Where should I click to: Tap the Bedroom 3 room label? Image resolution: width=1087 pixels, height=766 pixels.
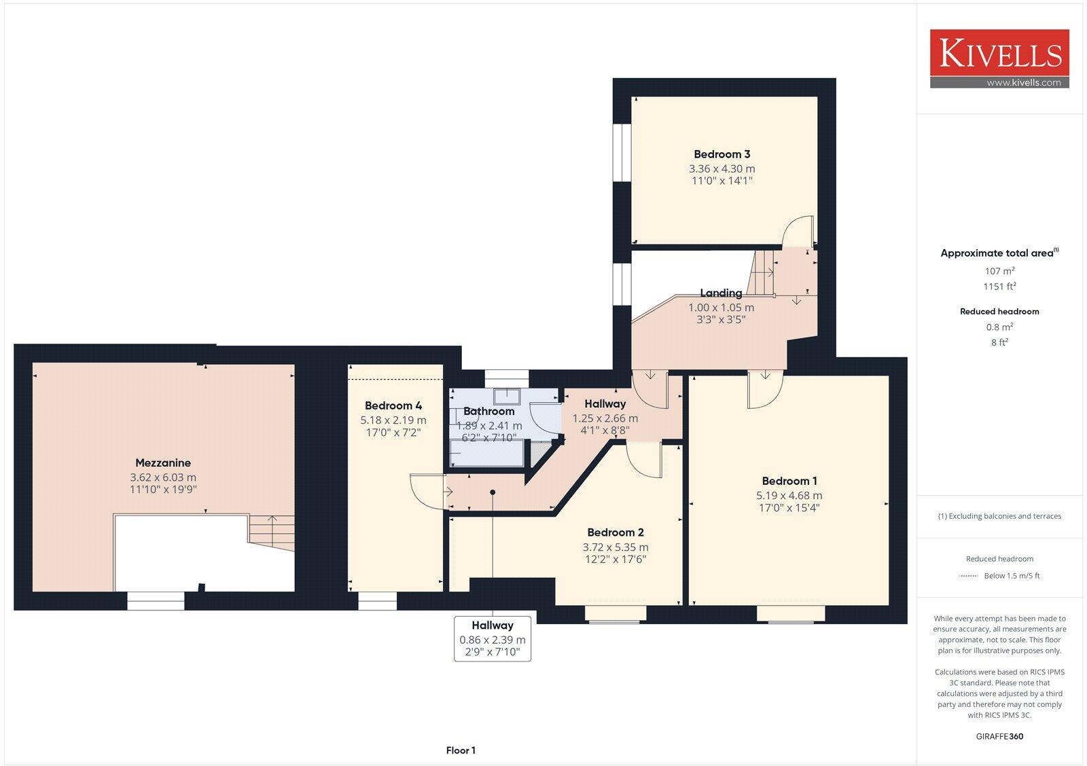click(x=721, y=154)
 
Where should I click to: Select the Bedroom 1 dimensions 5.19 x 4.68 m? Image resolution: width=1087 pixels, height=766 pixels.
click(x=789, y=496)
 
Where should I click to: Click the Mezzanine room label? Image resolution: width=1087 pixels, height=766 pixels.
click(x=163, y=463)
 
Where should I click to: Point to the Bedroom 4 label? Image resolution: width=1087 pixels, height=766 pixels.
click(x=393, y=405)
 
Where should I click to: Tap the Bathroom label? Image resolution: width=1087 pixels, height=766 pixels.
click(x=488, y=411)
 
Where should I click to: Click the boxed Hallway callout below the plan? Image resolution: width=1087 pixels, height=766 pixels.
click(x=493, y=638)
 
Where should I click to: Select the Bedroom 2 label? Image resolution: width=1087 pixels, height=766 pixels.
click(x=616, y=532)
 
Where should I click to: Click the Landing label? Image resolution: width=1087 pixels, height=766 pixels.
click(x=721, y=293)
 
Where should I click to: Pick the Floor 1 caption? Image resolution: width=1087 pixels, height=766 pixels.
click(x=461, y=750)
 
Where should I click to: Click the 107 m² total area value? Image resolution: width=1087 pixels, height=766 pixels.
click(x=999, y=271)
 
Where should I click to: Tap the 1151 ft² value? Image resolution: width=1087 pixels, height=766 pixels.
click(x=999, y=287)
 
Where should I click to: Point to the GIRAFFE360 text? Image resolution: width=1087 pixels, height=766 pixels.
click(x=999, y=736)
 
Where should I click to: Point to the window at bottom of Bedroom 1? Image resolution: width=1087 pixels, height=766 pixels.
click(x=791, y=614)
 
